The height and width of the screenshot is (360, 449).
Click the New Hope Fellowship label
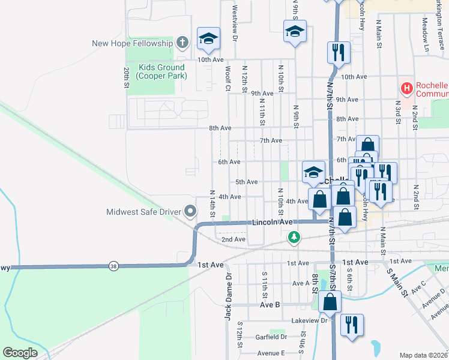point(132,43)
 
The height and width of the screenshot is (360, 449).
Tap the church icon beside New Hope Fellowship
point(184,43)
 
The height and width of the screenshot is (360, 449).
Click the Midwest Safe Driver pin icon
point(191,211)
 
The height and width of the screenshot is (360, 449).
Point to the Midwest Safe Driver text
point(144,212)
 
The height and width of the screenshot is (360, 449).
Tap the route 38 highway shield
point(113,265)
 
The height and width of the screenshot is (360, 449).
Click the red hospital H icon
point(407,89)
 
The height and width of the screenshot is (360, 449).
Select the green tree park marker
point(294,238)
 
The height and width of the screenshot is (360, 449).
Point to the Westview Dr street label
point(235,24)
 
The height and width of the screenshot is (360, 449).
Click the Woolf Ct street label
point(228,79)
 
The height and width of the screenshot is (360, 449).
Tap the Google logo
point(20,353)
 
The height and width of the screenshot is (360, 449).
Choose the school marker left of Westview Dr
point(208,39)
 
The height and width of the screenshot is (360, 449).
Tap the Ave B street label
point(270,305)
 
